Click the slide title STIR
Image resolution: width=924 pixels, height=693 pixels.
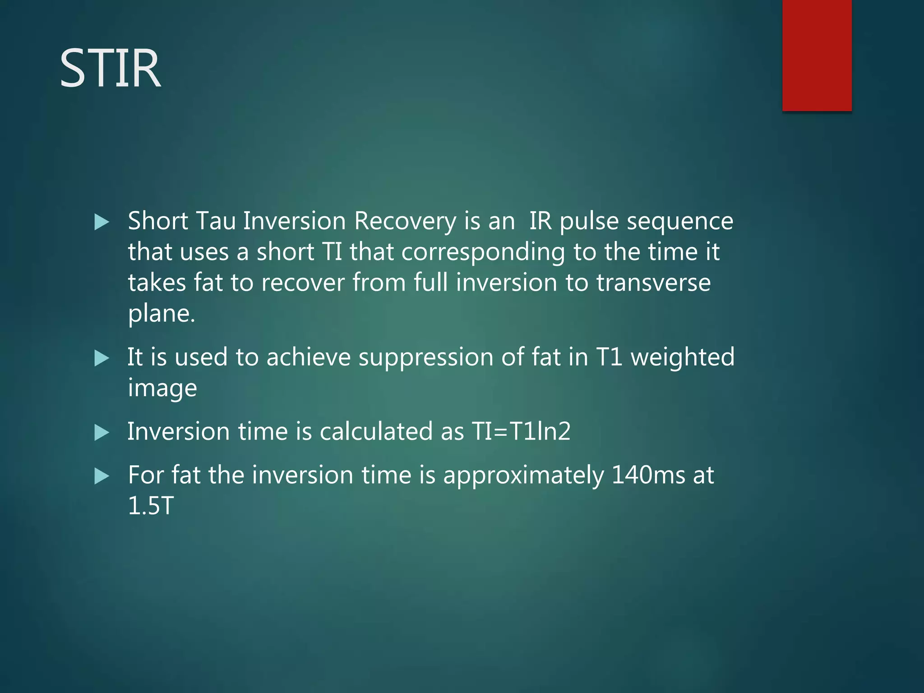point(110,69)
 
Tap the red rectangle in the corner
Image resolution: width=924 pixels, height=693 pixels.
point(817,55)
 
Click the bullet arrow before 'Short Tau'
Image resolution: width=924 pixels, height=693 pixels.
point(102,222)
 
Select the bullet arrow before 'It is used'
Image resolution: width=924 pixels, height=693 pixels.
point(102,359)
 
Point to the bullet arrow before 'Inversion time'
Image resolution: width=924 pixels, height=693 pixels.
point(102,433)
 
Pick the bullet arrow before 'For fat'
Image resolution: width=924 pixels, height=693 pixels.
point(102,476)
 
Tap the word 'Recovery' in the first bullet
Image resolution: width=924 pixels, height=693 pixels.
point(405,222)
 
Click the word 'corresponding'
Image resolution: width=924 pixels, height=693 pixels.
point(483,253)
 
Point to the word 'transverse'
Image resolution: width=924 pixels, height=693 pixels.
point(653,283)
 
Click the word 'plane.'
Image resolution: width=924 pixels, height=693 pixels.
point(162,314)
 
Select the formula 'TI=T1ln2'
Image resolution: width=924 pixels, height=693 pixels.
point(521,431)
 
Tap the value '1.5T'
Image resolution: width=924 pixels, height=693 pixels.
point(151,506)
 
